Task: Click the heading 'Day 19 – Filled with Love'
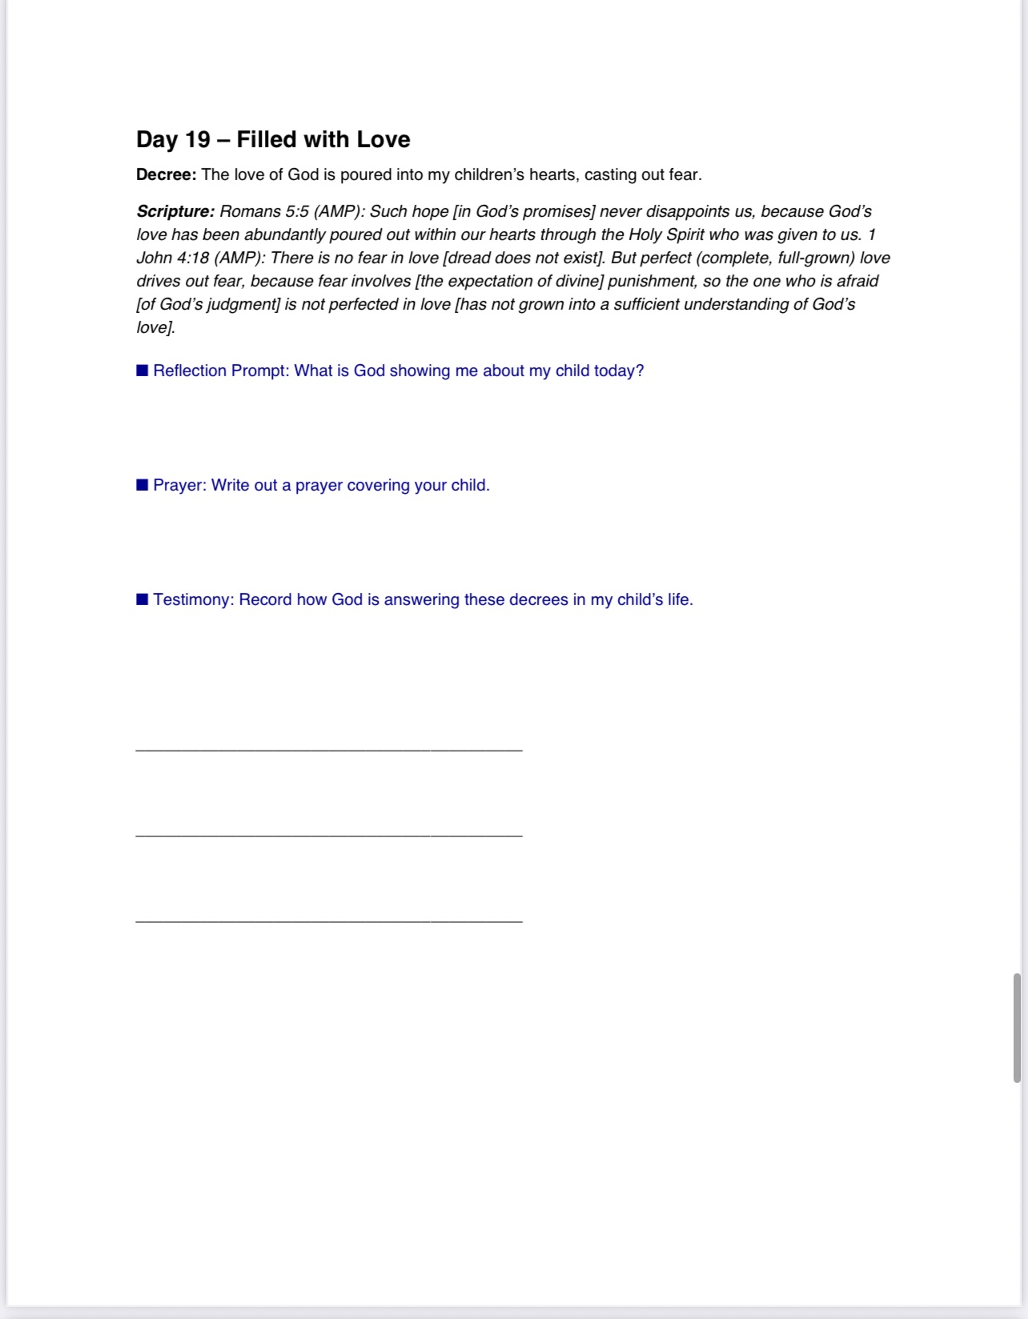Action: pyautogui.click(x=273, y=139)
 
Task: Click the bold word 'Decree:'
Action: pyautogui.click(x=166, y=174)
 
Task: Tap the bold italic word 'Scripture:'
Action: pyautogui.click(x=175, y=211)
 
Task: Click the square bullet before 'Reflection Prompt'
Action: pyautogui.click(x=143, y=371)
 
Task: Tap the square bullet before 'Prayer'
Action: pyautogui.click(x=143, y=485)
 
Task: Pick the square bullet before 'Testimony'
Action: pyautogui.click(x=143, y=599)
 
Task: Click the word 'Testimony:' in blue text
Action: pyautogui.click(x=194, y=599)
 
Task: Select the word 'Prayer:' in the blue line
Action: pyautogui.click(x=180, y=485)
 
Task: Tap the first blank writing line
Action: pyautogui.click(x=329, y=750)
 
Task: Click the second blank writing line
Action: pyautogui.click(x=329, y=836)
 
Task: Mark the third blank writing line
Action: pyautogui.click(x=329, y=921)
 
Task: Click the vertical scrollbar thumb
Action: pyautogui.click(x=1017, y=1028)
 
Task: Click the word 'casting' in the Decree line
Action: pyautogui.click(x=610, y=174)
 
